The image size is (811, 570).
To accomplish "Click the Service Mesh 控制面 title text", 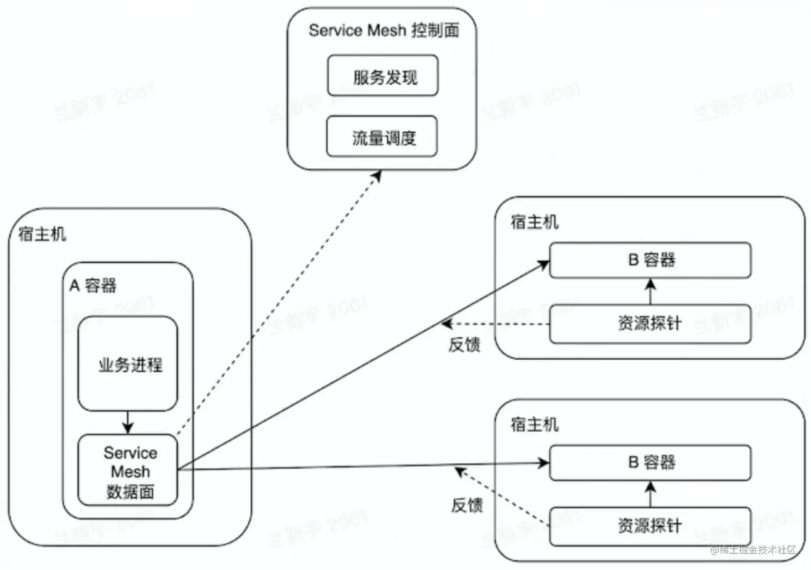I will click(384, 31).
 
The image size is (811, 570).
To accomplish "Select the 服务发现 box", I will click(383, 76).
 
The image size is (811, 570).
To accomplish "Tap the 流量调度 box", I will click(382, 137).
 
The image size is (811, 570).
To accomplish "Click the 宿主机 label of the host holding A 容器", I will click(42, 234).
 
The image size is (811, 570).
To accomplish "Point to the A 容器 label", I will click(93, 285).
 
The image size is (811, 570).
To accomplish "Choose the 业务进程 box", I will click(128, 364).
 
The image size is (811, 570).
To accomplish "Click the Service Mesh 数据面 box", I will click(128, 471).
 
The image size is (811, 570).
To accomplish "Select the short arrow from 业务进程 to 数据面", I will click(127, 423).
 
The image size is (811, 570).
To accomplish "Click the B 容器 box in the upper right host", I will click(650, 260).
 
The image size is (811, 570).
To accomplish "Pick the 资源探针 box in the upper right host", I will click(650, 324).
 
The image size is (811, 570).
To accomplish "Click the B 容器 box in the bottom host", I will click(650, 462).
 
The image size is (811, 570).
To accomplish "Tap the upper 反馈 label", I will click(464, 344).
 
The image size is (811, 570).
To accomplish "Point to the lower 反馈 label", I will click(466, 505).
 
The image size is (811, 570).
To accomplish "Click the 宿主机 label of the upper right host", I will click(534, 221).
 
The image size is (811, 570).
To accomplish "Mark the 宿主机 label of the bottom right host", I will click(534, 424).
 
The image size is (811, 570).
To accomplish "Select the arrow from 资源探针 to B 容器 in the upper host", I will click(651, 291).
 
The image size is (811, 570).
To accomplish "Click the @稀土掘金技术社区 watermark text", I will click(753, 550).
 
